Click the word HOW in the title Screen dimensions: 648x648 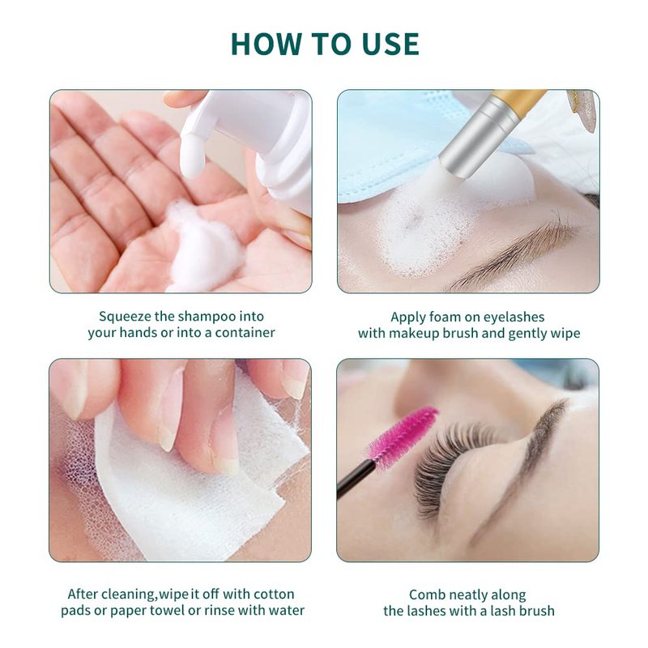click(266, 44)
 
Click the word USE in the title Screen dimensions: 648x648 click(390, 44)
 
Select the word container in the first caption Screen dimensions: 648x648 click(245, 333)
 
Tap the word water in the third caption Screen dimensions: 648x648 click(287, 611)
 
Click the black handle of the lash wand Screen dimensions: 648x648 click(356, 479)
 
